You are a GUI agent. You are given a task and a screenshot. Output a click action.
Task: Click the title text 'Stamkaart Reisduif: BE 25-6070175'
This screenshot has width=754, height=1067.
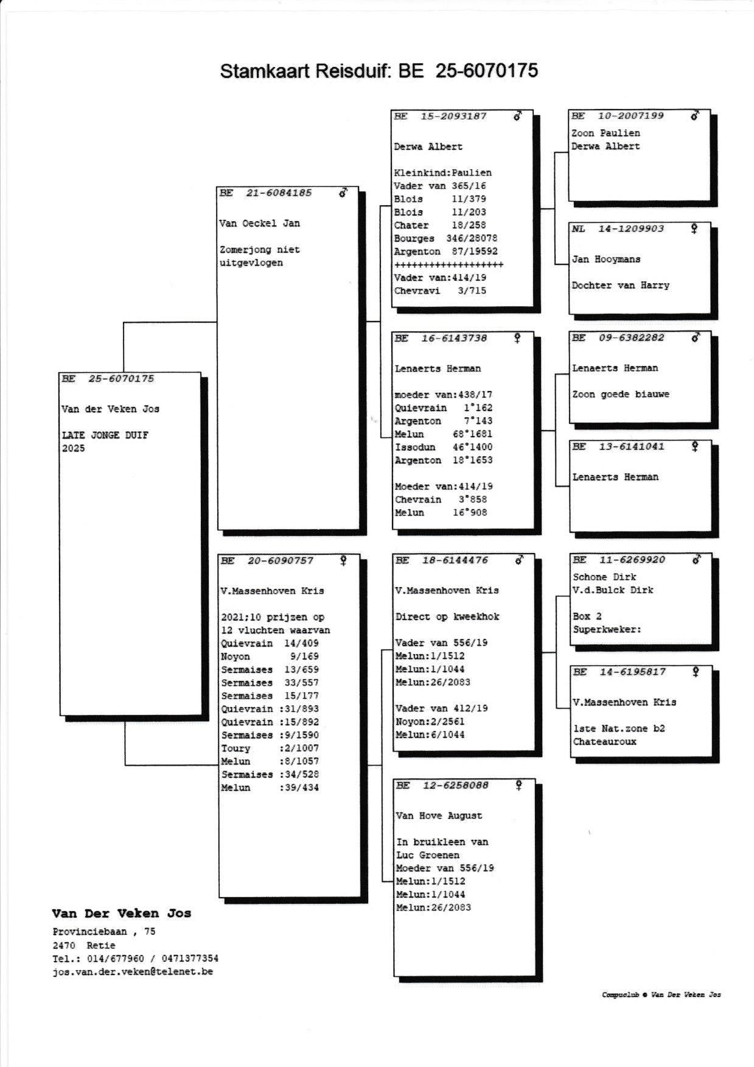pos(379,71)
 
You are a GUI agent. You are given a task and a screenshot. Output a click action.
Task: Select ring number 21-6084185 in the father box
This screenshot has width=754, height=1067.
pos(279,193)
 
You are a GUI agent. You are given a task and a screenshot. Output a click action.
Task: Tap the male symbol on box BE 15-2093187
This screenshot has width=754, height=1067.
pos(517,115)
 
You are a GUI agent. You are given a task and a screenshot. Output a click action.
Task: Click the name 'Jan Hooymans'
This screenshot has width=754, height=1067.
pos(606,259)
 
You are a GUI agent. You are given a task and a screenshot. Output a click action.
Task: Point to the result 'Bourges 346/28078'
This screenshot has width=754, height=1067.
pos(445,239)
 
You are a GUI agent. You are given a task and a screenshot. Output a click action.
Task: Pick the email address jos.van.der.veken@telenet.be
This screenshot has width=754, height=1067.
pos(133,972)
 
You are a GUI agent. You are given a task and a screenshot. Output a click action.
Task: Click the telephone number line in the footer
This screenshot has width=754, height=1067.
pos(135,959)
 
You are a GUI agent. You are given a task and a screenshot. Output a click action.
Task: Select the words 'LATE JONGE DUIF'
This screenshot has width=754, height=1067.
pos(105,435)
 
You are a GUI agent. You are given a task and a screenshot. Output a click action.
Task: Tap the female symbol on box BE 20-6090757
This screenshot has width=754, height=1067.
pos(343,560)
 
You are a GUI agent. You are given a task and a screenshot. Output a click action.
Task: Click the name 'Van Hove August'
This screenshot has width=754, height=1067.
pos(439,816)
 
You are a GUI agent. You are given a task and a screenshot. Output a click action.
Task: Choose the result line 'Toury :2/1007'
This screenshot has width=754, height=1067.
pos(270,748)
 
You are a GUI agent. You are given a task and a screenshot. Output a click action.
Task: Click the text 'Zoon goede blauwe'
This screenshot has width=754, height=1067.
pos(620,395)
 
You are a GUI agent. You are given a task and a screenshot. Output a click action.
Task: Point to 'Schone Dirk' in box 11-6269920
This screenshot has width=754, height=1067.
pos(604,577)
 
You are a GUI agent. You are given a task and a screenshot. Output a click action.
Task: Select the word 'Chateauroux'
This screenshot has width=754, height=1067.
pos(604,742)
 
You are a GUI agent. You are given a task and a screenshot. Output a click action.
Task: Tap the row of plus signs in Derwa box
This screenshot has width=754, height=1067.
pos(449,265)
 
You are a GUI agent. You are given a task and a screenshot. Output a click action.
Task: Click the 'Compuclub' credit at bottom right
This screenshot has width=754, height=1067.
pos(620,995)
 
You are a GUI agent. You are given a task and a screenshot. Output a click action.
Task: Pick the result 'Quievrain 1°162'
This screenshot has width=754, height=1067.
pos(443,408)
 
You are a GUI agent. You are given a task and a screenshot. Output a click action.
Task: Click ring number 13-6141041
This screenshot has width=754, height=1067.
pos(631,446)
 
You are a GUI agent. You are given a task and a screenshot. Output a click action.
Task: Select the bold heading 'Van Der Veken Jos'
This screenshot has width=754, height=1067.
pos(121,914)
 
